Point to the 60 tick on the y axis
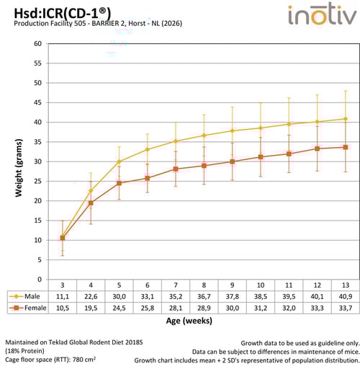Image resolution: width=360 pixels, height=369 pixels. pyautogui.click(x=37, y=43)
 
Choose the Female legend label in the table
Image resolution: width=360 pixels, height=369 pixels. pyautogui.click(x=34, y=308)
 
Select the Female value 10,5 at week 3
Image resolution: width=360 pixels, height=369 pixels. pyautogui.click(x=63, y=308)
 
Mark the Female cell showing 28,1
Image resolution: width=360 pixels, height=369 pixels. pyautogui.click(x=176, y=308)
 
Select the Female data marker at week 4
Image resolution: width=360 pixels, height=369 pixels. pyautogui.click(x=91, y=203)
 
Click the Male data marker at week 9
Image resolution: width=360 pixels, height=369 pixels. pyautogui.click(x=232, y=130)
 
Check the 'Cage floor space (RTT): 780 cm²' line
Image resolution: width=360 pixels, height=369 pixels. pyautogui.click(x=54, y=358)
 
